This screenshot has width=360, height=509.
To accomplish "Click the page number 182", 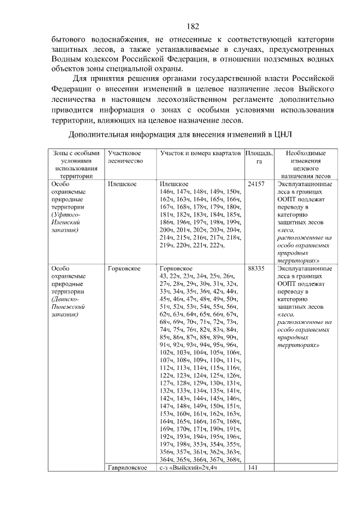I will tap(192, 26).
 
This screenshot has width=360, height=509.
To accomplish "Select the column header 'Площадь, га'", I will tap(259, 157).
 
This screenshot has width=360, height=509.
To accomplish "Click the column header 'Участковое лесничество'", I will tap(124, 157).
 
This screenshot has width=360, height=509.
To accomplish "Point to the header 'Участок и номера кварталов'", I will tap(201, 153).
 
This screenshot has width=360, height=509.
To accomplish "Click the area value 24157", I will tap(256, 184).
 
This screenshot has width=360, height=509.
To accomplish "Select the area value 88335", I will tap(256, 268).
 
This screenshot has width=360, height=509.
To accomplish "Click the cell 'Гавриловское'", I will tap(127, 468).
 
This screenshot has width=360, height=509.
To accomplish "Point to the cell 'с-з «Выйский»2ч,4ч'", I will tap(188, 468).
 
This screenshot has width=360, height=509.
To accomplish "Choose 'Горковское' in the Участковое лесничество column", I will tap(124, 268).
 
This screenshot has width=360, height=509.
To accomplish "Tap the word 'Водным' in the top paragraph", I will tap(66, 58).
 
